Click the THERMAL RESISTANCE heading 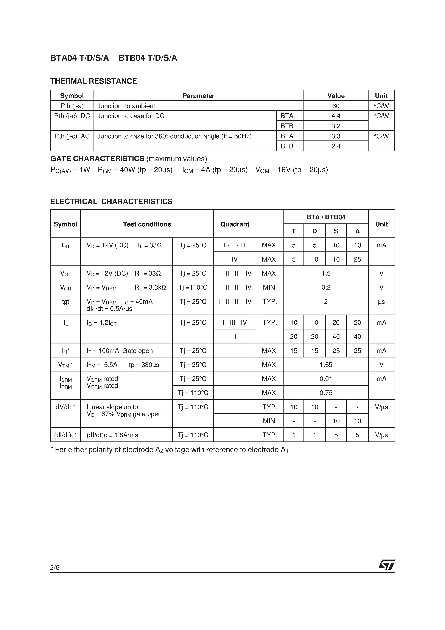pos(93,81)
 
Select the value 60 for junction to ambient pos(336,106)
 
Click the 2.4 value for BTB pos(336,146)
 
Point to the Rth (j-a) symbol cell pos(72,106)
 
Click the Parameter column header pos(198,96)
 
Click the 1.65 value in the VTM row pos(326,365)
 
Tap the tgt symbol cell pos(65,302)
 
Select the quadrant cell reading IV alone pos(235,259)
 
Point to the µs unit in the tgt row pos(381,302)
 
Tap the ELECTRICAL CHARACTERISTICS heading pos(111,201)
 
